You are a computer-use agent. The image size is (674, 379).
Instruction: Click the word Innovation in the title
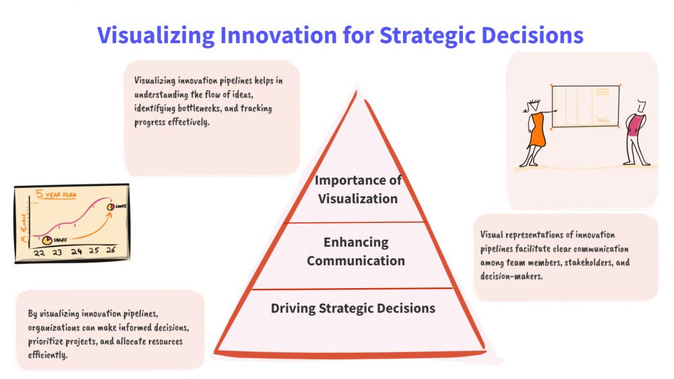[x=278, y=35]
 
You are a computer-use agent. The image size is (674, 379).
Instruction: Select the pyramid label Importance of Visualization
[x=358, y=189]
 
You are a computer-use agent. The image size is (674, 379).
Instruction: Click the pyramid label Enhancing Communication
[x=356, y=252]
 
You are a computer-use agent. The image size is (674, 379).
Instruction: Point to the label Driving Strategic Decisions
[x=353, y=308]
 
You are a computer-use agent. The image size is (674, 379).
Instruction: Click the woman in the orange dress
[x=534, y=133]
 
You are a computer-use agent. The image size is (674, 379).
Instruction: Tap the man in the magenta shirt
[x=636, y=133]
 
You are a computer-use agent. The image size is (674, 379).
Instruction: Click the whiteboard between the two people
[x=585, y=106]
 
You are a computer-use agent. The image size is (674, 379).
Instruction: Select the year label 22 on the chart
[x=39, y=253]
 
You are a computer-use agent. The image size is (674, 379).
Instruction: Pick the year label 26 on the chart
[x=111, y=250]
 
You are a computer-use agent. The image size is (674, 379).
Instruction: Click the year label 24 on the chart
[x=76, y=252]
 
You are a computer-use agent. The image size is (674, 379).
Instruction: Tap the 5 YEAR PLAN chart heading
[x=57, y=194]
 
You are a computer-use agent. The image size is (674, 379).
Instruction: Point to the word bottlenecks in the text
[x=200, y=108]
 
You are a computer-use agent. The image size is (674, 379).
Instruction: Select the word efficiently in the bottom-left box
[x=48, y=355]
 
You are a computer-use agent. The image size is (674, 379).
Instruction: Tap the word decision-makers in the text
[x=511, y=276]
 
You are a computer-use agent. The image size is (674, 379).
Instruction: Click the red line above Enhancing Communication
[x=355, y=222]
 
